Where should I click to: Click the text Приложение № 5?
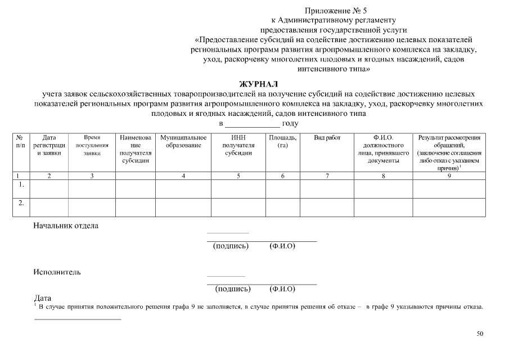[x=335, y=11]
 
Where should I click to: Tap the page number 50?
[x=480, y=334]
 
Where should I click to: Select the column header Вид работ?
[x=327, y=138]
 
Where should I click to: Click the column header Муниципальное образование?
[x=183, y=141]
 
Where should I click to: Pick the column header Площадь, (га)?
[x=282, y=141]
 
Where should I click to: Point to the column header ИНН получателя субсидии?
[x=238, y=145]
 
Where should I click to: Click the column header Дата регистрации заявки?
[x=49, y=145]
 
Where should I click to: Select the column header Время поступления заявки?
[x=92, y=145]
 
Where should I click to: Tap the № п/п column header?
[x=20, y=141]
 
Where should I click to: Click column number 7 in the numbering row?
[x=327, y=176]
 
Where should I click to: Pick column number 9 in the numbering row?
[x=449, y=176]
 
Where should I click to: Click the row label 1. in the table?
[x=21, y=184]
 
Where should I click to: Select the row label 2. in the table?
[x=21, y=203]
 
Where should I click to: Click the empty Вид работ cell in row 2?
[x=327, y=207]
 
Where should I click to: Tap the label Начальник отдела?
[x=66, y=226]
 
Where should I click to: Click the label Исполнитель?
[x=57, y=272]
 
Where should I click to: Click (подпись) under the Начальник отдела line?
[x=231, y=246]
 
